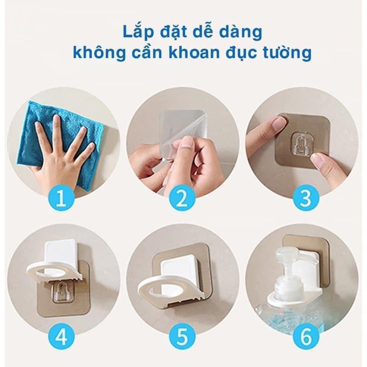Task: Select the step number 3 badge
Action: (x=305, y=198)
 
